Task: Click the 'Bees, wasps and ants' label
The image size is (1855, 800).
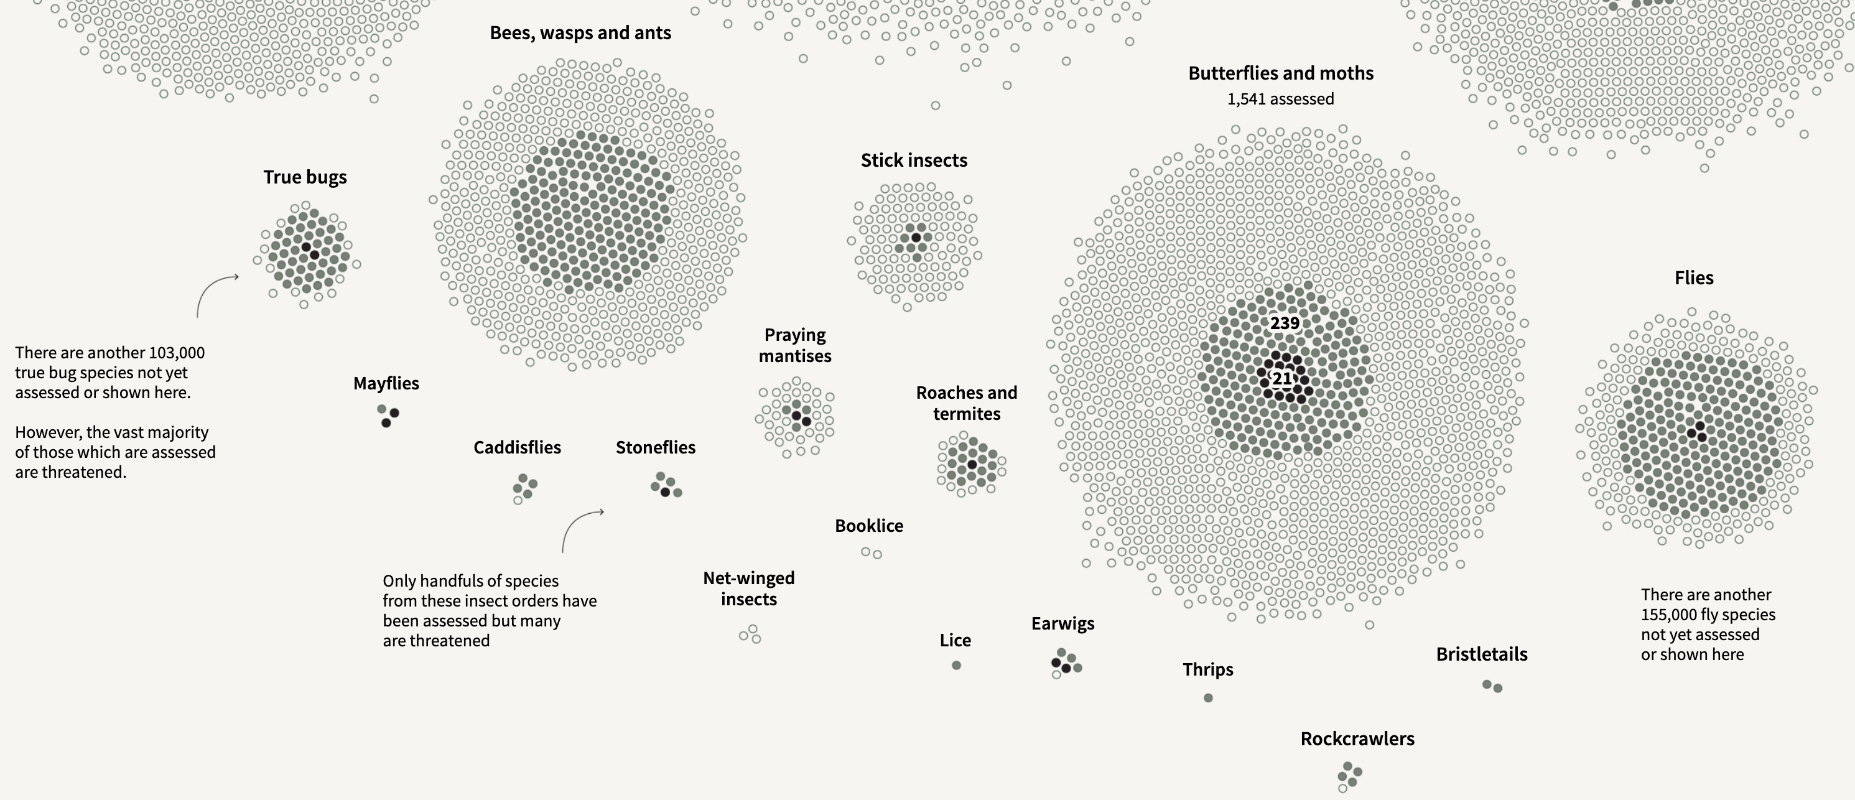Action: tap(580, 33)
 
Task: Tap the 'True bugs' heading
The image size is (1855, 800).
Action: tap(305, 177)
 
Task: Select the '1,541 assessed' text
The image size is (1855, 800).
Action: tap(1280, 99)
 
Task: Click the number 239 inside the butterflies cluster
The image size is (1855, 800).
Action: tap(1285, 323)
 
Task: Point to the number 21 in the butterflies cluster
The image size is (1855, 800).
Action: tap(1282, 378)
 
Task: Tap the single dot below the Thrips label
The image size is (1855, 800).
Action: tap(1208, 698)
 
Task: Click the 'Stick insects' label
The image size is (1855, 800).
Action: tap(914, 160)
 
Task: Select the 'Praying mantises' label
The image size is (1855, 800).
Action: tap(795, 346)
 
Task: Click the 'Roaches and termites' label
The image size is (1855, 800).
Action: tap(967, 403)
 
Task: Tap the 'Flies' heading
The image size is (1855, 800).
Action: tap(1694, 278)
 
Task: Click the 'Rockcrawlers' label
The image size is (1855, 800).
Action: tap(1357, 739)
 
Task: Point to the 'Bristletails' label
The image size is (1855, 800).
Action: tap(1481, 654)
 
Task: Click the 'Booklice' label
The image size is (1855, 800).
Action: tap(868, 526)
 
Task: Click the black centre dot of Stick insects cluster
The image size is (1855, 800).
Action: tap(916, 238)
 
